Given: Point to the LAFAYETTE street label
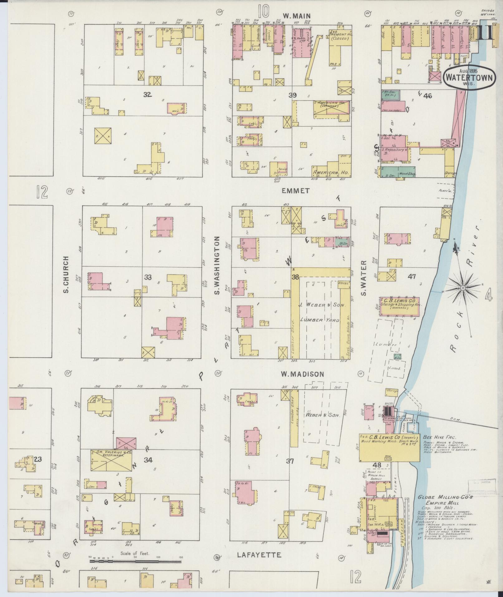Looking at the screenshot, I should point(259,555).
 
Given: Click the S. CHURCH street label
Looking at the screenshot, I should point(66,275).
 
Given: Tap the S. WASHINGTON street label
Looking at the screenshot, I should point(217,265).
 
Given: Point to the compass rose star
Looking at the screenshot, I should point(463,287).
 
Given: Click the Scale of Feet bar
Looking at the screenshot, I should point(135,561).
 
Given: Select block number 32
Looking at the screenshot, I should point(148,95).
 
